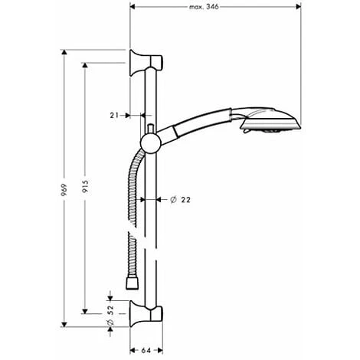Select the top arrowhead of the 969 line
pyautogui.click(x=65, y=52)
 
